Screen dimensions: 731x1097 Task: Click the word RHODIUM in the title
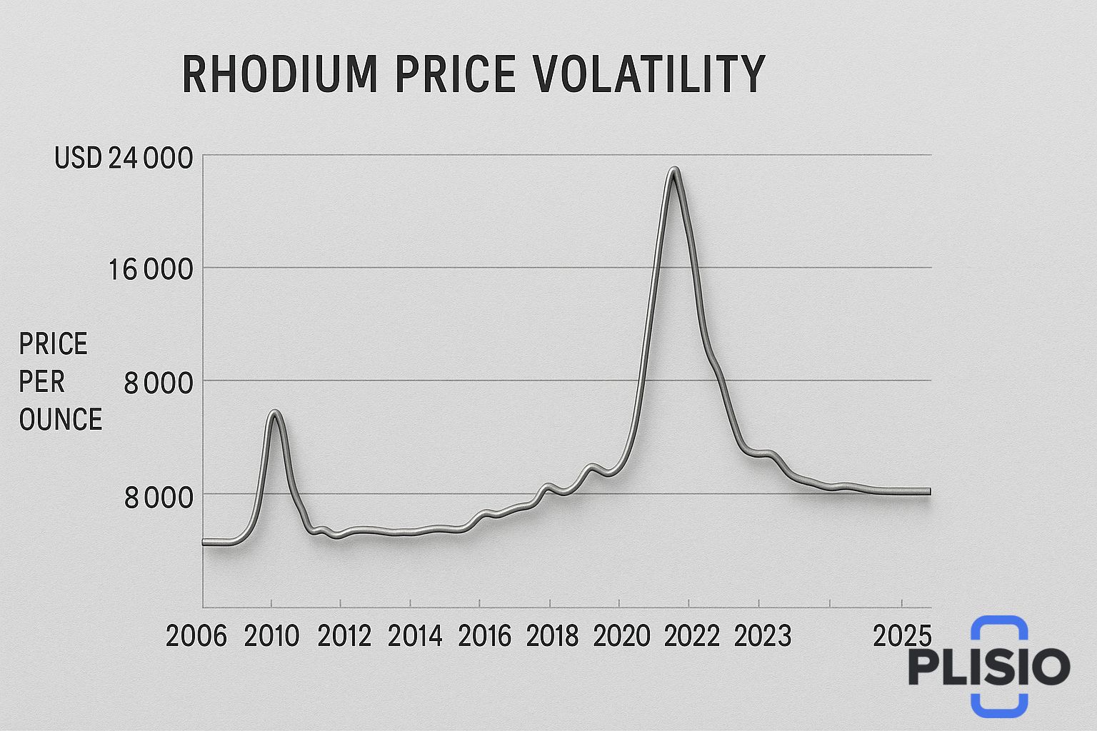[x=279, y=74]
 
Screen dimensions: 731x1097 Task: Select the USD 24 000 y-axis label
[x=124, y=158]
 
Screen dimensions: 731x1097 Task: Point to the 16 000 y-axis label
[x=151, y=271]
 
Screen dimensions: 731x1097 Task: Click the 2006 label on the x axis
[x=196, y=635]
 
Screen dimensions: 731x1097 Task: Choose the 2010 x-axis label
[x=271, y=635]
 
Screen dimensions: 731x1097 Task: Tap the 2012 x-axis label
[x=344, y=635]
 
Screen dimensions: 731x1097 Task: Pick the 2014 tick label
[x=415, y=635]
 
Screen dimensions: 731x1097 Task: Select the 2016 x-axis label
[x=484, y=635]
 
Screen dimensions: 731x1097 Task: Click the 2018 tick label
[x=552, y=635]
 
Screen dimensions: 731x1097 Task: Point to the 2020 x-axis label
[x=621, y=635]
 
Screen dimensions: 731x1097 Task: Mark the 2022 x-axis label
[x=691, y=635]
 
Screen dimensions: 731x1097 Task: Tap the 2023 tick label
[x=763, y=635]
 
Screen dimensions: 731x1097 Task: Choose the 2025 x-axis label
[x=903, y=635]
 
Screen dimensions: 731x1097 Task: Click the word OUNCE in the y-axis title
[x=61, y=419]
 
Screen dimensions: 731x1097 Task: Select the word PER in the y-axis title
[x=42, y=382]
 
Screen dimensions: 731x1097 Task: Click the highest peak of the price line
[x=674, y=170]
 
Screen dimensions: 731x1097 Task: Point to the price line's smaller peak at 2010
[x=275, y=412]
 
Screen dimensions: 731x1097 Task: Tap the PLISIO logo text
[x=989, y=667]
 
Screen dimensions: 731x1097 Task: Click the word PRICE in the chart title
[x=454, y=74]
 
